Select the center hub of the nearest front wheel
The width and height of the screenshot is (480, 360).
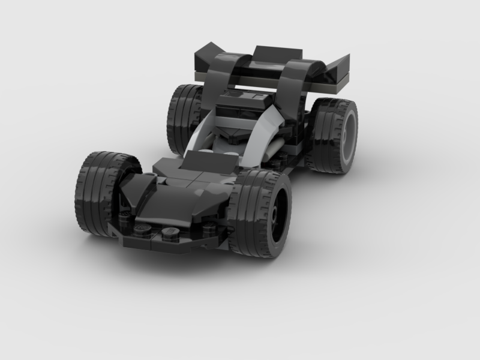(275, 212)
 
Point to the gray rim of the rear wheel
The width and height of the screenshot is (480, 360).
(347, 137)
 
